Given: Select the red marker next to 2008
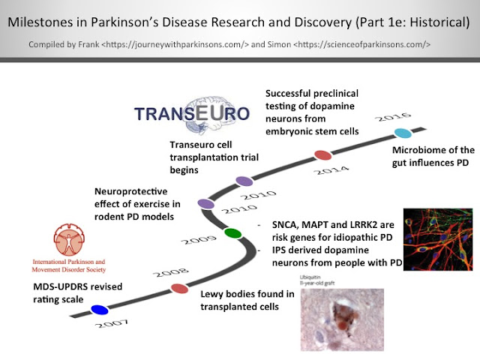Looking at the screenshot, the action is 179,288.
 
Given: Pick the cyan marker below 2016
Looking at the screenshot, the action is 403,133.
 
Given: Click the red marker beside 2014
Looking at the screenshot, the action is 322,155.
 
